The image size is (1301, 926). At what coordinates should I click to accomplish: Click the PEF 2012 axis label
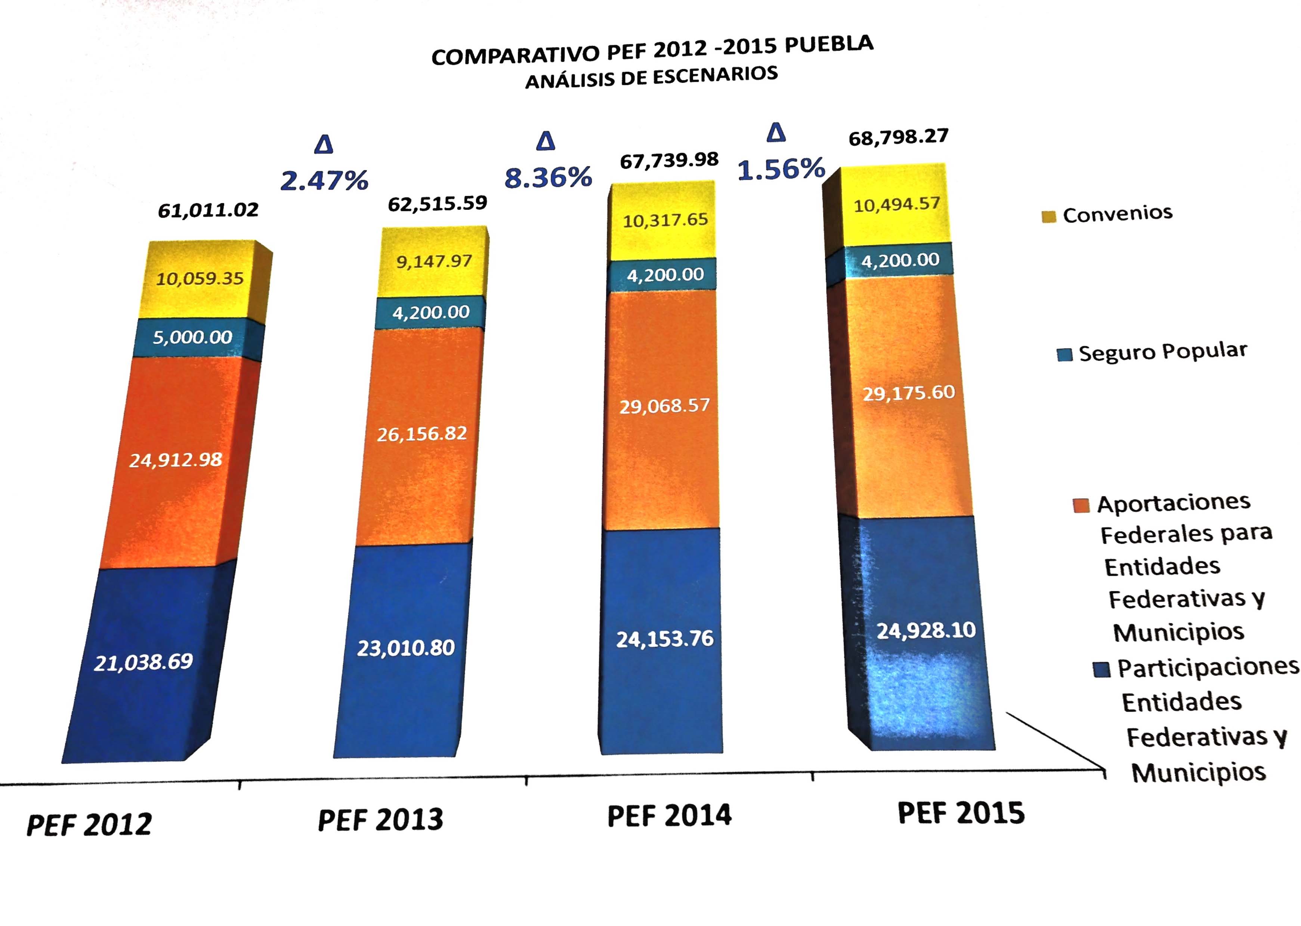(x=90, y=824)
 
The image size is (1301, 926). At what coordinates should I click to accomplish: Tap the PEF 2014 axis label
(x=669, y=815)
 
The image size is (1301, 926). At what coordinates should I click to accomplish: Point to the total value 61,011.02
(x=208, y=210)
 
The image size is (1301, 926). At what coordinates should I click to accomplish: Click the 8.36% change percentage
(x=548, y=177)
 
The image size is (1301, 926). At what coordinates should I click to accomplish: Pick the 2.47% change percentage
(x=325, y=181)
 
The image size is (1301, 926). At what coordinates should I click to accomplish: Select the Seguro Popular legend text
(x=1162, y=352)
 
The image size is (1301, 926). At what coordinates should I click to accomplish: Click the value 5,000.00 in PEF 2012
(x=192, y=337)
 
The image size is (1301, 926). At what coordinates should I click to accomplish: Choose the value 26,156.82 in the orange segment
(x=422, y=434)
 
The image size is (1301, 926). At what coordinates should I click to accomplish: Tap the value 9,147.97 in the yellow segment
(x=434, y=261)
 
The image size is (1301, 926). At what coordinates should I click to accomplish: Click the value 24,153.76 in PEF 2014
(x=665, y=638)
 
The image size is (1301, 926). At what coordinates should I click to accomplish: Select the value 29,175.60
(x=908, y=393)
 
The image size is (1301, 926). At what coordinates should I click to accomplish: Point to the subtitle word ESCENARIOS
(x=715, y=75)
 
